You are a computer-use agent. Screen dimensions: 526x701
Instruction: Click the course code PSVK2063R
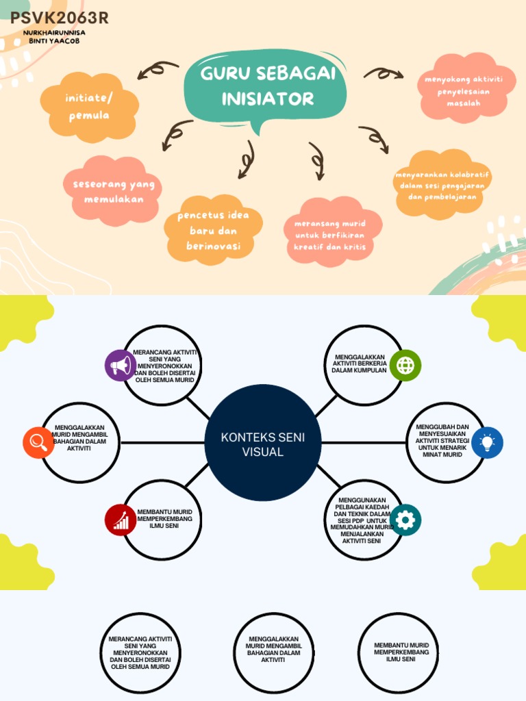59,18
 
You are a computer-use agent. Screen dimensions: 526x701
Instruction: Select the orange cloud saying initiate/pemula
89,107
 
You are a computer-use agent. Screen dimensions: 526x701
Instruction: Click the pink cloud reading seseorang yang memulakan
113,192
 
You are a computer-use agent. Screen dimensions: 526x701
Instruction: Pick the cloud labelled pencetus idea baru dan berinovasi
214,230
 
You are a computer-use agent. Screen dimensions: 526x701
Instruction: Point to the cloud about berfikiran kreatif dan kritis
332,233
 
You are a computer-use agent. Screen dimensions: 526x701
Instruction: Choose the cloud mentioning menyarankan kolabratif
442,185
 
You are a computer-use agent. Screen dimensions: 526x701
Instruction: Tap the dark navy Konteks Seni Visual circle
263,443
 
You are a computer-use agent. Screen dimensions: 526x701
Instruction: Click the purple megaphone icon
121,366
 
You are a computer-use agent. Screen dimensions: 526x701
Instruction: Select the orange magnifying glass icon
38,443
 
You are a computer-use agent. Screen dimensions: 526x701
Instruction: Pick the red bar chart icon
121,520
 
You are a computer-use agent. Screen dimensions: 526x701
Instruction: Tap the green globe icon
405,366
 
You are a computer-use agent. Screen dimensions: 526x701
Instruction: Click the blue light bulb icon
487,443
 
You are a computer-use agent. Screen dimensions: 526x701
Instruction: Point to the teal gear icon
405,520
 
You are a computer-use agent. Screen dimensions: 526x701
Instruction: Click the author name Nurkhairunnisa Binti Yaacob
54,37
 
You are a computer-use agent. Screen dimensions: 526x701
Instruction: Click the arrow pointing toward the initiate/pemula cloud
158,68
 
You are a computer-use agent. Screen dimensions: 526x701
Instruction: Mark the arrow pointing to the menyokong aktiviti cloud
384,73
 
